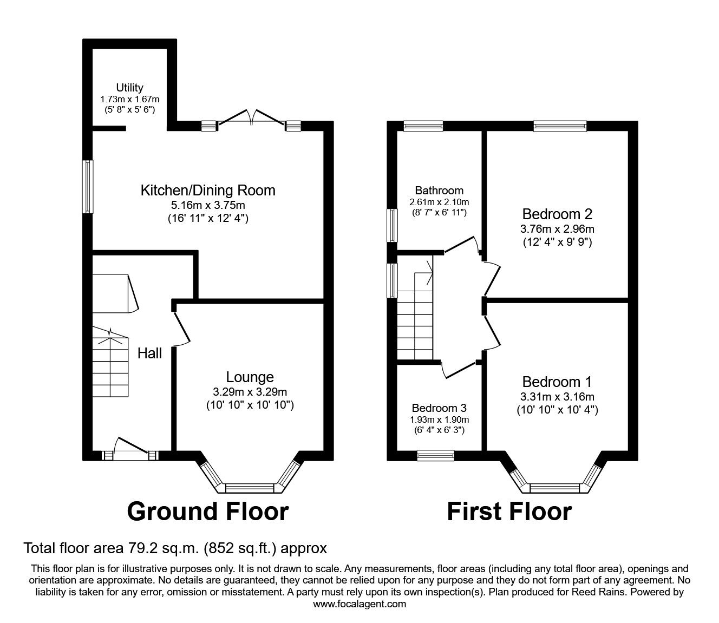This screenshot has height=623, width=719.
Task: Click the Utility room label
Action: click(x=129, y=88)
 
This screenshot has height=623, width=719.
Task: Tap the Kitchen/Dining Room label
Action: click(x=208, y=191)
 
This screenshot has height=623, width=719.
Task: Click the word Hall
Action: click(x=149, y=353)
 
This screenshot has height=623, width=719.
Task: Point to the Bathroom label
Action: click(x=439, y=191)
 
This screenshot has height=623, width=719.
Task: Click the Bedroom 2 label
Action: click(x=557, y=213)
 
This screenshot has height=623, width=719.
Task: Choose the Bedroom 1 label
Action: click(x=557, y=382)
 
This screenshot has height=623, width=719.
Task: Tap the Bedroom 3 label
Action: click(x=439, y=408)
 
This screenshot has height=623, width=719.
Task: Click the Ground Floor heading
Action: click(x=208, y=511)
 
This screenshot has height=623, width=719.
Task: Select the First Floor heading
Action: click(x=509, y=511)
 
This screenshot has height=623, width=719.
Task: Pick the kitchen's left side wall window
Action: click(x=87, y=187)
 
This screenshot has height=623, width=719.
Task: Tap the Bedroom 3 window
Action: click(x=435, y=456)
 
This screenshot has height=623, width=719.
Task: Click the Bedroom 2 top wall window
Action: click(x=560, y=126)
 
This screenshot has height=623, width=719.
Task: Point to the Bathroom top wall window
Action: click(x=423, y=126)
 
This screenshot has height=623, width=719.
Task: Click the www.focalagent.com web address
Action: click(x=359, y=604)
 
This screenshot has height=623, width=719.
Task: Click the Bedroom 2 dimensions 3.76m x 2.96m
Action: click(x=557, y=229)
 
